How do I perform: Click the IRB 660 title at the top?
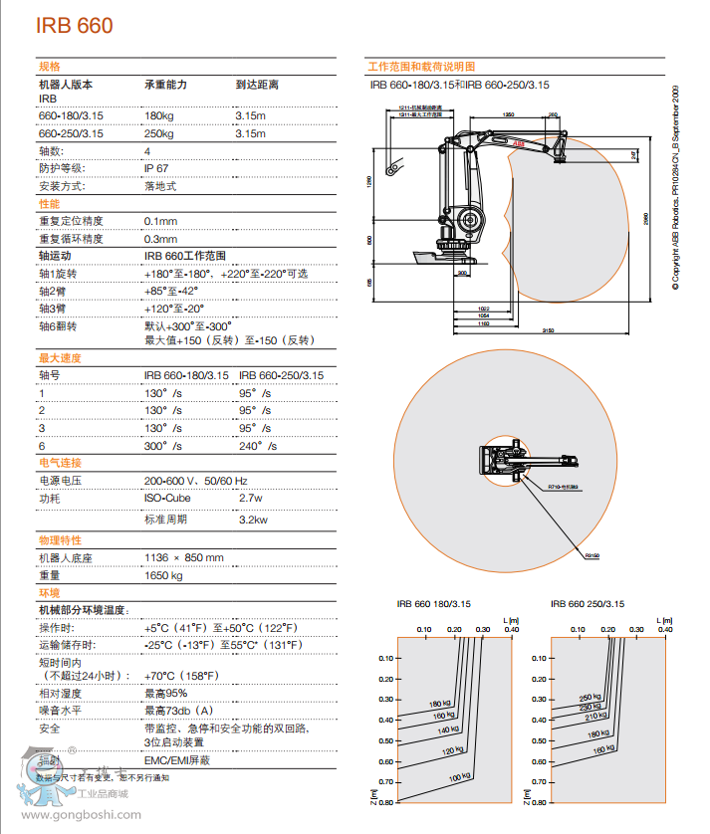click(75, 26)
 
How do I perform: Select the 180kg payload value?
click(159, 116)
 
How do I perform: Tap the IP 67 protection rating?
click(156, 168)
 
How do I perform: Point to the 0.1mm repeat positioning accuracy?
click(160, 221)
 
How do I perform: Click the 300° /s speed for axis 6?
click(163, 445)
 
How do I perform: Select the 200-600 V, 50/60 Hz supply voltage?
click(195, 481)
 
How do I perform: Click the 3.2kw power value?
click(254, 520)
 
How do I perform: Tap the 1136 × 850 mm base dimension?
click(184, 557)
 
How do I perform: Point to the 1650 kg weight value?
click(163, 575)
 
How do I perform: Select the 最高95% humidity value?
click(165, 693)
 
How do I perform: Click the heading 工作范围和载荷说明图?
click(421, 66)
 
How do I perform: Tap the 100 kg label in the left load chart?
click(458, 776)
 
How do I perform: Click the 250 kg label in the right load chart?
click(591, 697)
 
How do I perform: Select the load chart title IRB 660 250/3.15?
click(588, 603)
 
